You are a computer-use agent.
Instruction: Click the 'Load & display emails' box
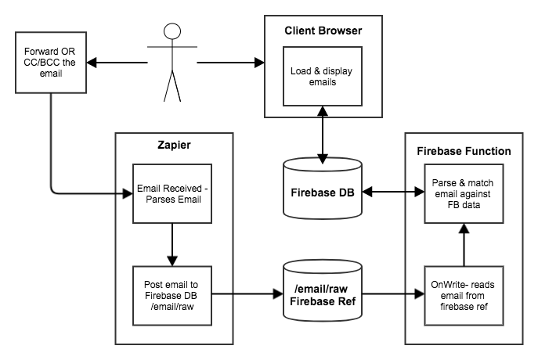pyautogui.click(x=323, y=75)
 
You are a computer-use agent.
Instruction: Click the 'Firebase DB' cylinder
pyautogui.click(x=323, y=191)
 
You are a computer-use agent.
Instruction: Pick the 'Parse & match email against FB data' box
pyautogui.click(x=463, y=192)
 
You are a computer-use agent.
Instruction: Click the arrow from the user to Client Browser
pyautogui.click(x=227, y=61)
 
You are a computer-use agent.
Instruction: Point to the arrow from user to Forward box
pyautogui.click(x=117, y=61)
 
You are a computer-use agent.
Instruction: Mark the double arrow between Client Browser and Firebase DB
pyautogui.click(x=323, y=133)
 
